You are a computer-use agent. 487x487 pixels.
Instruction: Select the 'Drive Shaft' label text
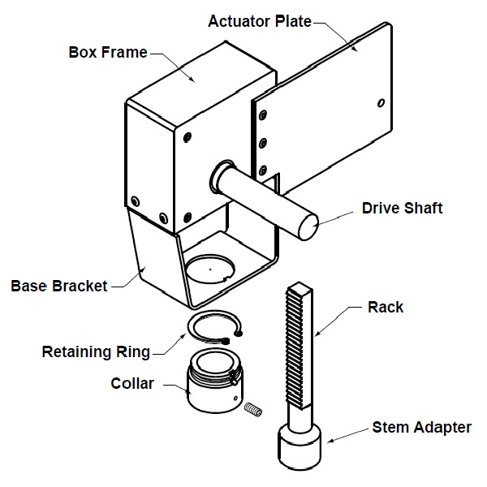pos(403,209)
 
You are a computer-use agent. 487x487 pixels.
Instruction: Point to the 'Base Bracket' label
pos(58,287)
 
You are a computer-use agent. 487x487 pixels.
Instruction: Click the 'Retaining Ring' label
pos(97,351)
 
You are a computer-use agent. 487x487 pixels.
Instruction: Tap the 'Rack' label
pos(386,308)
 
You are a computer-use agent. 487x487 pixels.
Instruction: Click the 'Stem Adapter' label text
pos(421,427)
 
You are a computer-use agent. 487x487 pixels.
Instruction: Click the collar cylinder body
pos(210,389)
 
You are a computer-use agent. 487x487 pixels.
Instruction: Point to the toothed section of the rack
pos(295,341)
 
